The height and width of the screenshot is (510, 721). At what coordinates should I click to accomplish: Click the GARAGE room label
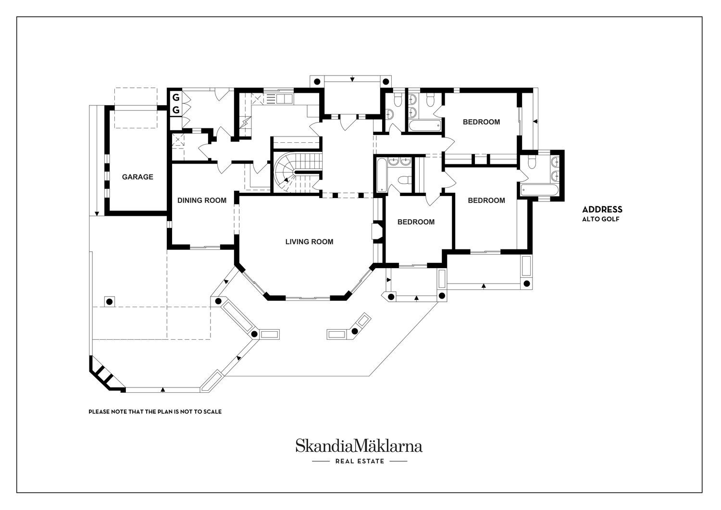(x=137, y=177)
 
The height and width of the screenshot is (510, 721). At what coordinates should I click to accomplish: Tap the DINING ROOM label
(x=202, y=200)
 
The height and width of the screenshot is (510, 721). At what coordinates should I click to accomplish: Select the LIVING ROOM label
(x=310, y=241)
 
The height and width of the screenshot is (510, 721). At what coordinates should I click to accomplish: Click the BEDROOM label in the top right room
(x=481, y=122)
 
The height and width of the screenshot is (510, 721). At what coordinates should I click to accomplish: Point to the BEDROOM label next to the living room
(x=416, y=222)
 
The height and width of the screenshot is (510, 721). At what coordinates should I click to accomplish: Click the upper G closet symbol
(x=176, y=97)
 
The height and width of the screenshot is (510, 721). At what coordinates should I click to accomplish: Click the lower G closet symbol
(x=176, y=110)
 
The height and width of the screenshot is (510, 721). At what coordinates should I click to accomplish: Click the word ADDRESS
(x=602, y=210)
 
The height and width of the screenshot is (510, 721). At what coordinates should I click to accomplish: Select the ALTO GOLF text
(x=601, y=219)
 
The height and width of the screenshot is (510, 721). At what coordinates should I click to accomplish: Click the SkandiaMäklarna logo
(x=359, y=446)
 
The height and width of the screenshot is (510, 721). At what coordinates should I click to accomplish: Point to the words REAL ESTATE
(x=360, y=461)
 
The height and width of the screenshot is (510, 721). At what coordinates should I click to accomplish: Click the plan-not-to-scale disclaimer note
(x=155, y=411)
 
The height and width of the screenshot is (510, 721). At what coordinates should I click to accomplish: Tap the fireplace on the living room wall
(x=377, y=232)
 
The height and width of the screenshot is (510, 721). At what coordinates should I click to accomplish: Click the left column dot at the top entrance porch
(x=317, y=81)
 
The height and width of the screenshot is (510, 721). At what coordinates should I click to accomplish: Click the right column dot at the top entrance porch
(x=385, y=81)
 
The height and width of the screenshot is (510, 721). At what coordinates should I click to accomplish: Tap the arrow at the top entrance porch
(x=352, y=79)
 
